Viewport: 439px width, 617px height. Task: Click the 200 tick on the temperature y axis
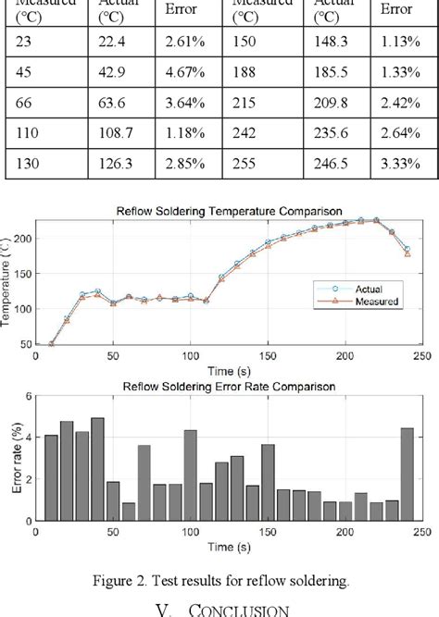(23, 239)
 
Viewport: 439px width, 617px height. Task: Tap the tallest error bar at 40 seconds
(97, 469)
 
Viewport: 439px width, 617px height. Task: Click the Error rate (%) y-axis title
(9, 459)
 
